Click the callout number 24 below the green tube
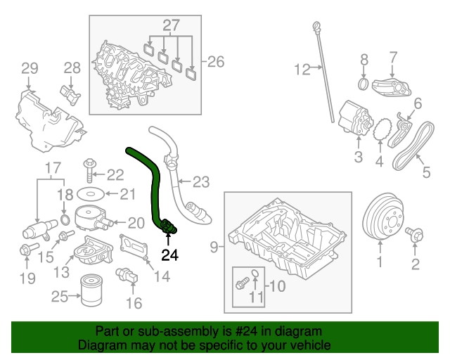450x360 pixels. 171,256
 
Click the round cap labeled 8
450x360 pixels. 364,84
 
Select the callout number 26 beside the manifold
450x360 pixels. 215,62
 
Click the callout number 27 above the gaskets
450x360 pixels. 172,26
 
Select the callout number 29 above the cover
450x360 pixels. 29,68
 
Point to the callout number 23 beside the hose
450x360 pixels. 200,183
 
